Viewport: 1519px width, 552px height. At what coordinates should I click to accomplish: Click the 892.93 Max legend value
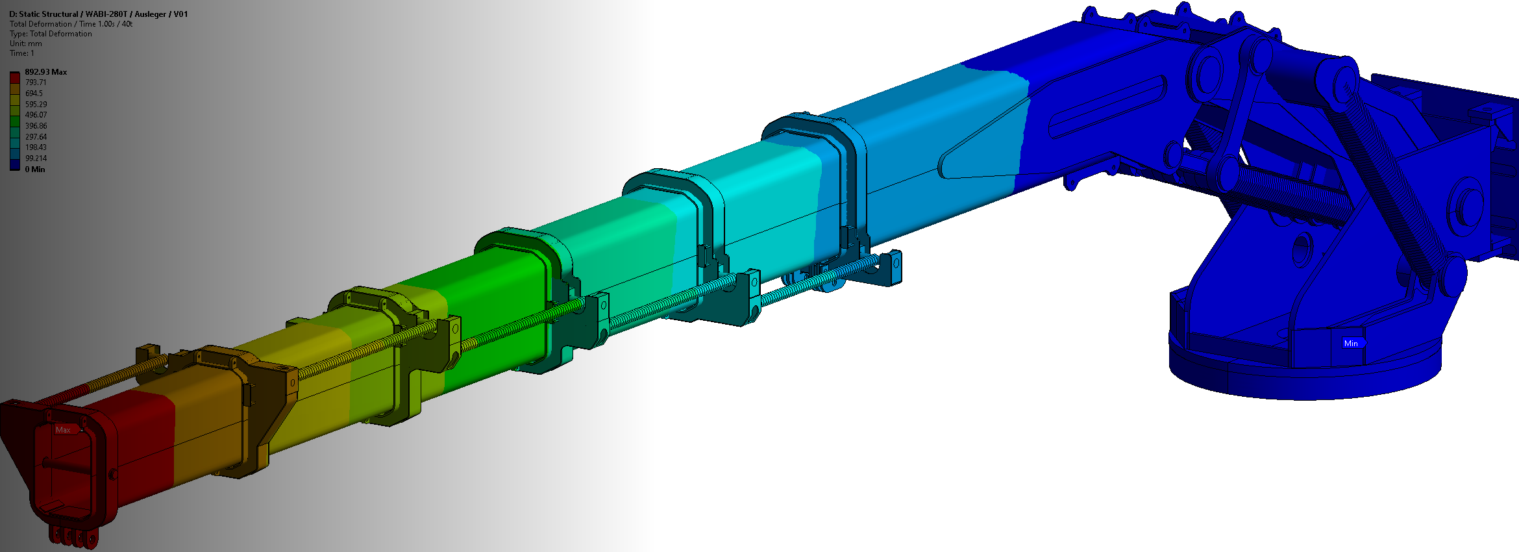pyautogui.click(x=45, y=72)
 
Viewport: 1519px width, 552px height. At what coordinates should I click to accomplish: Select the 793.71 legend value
pyautogui.click(x=36, y=82)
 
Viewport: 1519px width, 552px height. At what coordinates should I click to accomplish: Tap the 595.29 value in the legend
pyautogui.click(x=36, y=105)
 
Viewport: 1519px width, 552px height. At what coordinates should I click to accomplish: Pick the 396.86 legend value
pyautogui.click(x=36, y=126)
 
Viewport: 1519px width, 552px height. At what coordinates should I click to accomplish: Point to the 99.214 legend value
pyautogui.click(x=36, y=158)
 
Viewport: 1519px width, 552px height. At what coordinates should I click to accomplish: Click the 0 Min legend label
pyautogui.click(x=35, y=169)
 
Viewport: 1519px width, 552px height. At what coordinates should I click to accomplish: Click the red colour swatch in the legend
pyautogui.click(x=15, y=78)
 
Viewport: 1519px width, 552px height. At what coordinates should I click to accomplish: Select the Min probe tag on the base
pyautogui.click(x=1353, y=344)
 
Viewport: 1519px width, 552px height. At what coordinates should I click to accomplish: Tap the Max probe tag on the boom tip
pyautogui.click(x=64, y=430)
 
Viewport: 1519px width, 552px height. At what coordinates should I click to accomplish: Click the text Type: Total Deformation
pyautogui.click(x=51, y=34)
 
